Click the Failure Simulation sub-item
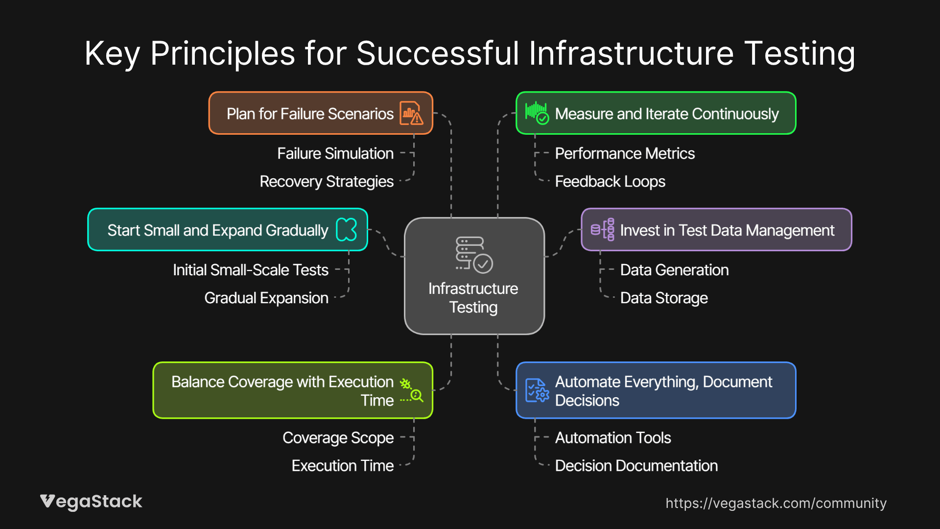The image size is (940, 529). coord(335,153)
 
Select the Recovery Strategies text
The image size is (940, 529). coord(327,181)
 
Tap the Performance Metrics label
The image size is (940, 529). coord(625,153)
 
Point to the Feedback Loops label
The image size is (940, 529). coord(610,181)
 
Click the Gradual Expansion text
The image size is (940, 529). coord(266,298)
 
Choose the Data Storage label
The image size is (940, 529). coord(664,298)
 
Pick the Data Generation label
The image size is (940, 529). coord(674,270)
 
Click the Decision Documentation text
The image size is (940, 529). coord(636,465)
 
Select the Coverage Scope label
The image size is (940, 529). coord(338,437)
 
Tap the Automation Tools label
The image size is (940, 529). coord(613,437)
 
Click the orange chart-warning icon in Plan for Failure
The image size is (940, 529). coord(411,113)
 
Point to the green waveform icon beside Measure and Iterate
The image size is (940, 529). coord(537,113)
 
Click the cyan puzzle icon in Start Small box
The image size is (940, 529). coord(347,229)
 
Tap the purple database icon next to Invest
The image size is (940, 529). coord(603,229)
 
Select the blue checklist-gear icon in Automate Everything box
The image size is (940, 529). coord(537,390)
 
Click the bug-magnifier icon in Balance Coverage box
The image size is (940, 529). coord(411,390)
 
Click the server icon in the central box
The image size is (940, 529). coord(473,254)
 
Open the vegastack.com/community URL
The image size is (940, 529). coord(776,503)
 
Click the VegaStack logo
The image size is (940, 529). coord(91,502)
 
